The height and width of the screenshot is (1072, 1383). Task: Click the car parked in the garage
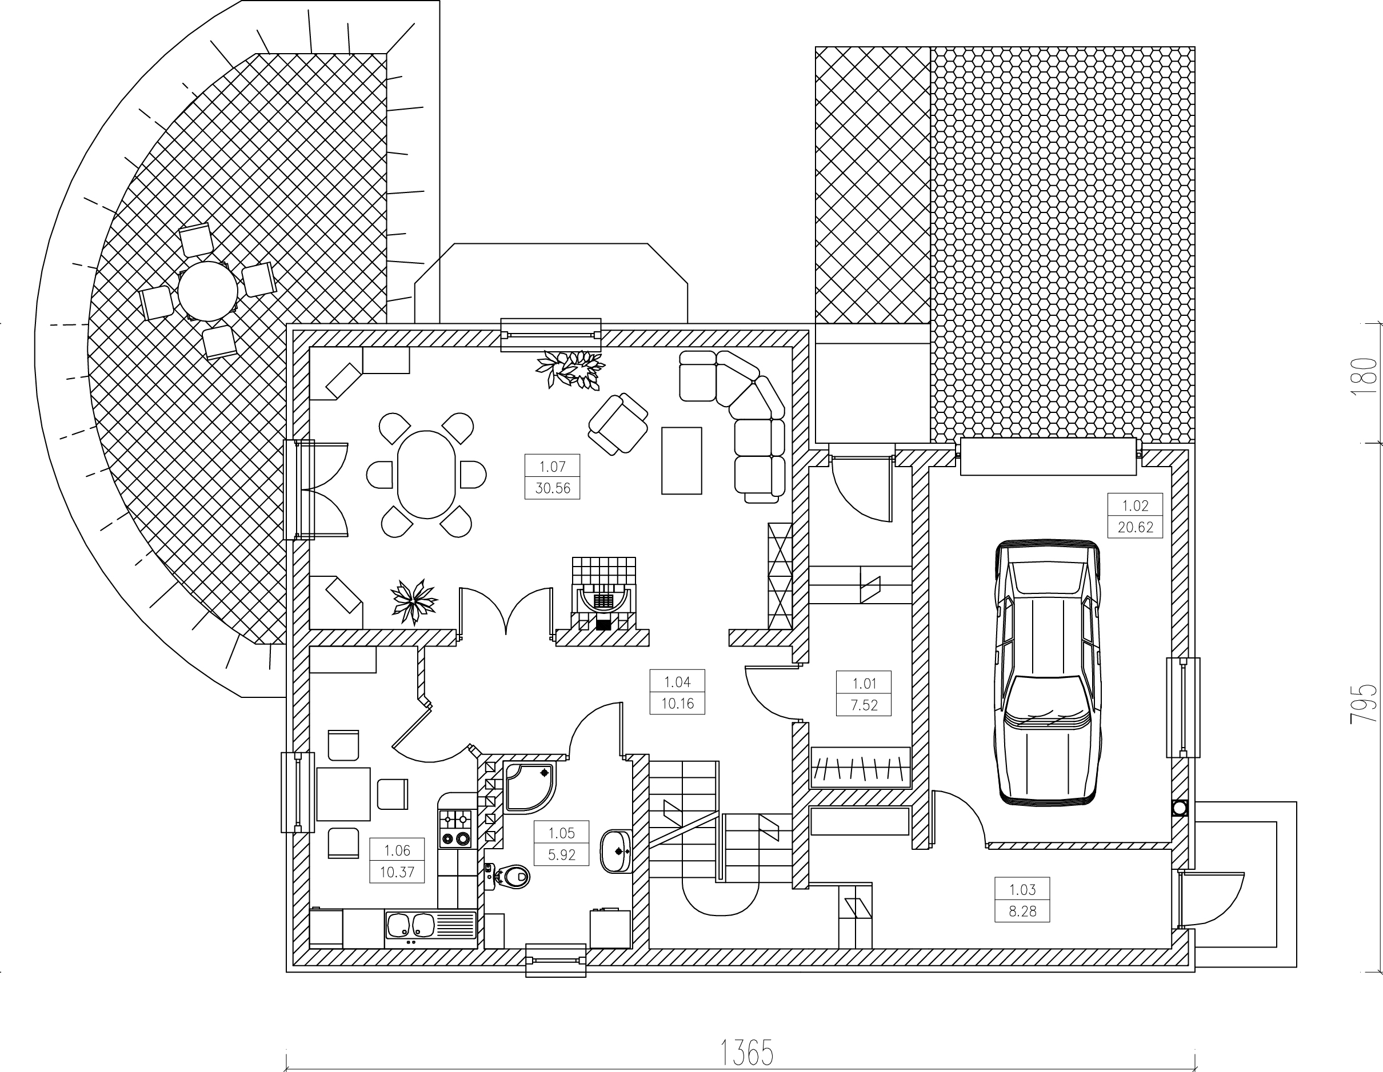point(1047,672)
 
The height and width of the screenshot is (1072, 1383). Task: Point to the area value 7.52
point(864,705)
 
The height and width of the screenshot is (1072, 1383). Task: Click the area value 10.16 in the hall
point(678,703)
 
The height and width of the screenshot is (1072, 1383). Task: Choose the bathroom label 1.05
point(562,833)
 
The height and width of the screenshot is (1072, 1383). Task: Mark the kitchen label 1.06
point(397,850)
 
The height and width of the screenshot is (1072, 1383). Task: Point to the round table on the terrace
point(207,291)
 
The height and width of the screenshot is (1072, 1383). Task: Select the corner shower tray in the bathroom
point(529,786)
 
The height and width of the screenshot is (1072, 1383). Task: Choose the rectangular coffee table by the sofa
point(681,460)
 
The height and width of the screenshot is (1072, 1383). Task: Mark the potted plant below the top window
point(570,369)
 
